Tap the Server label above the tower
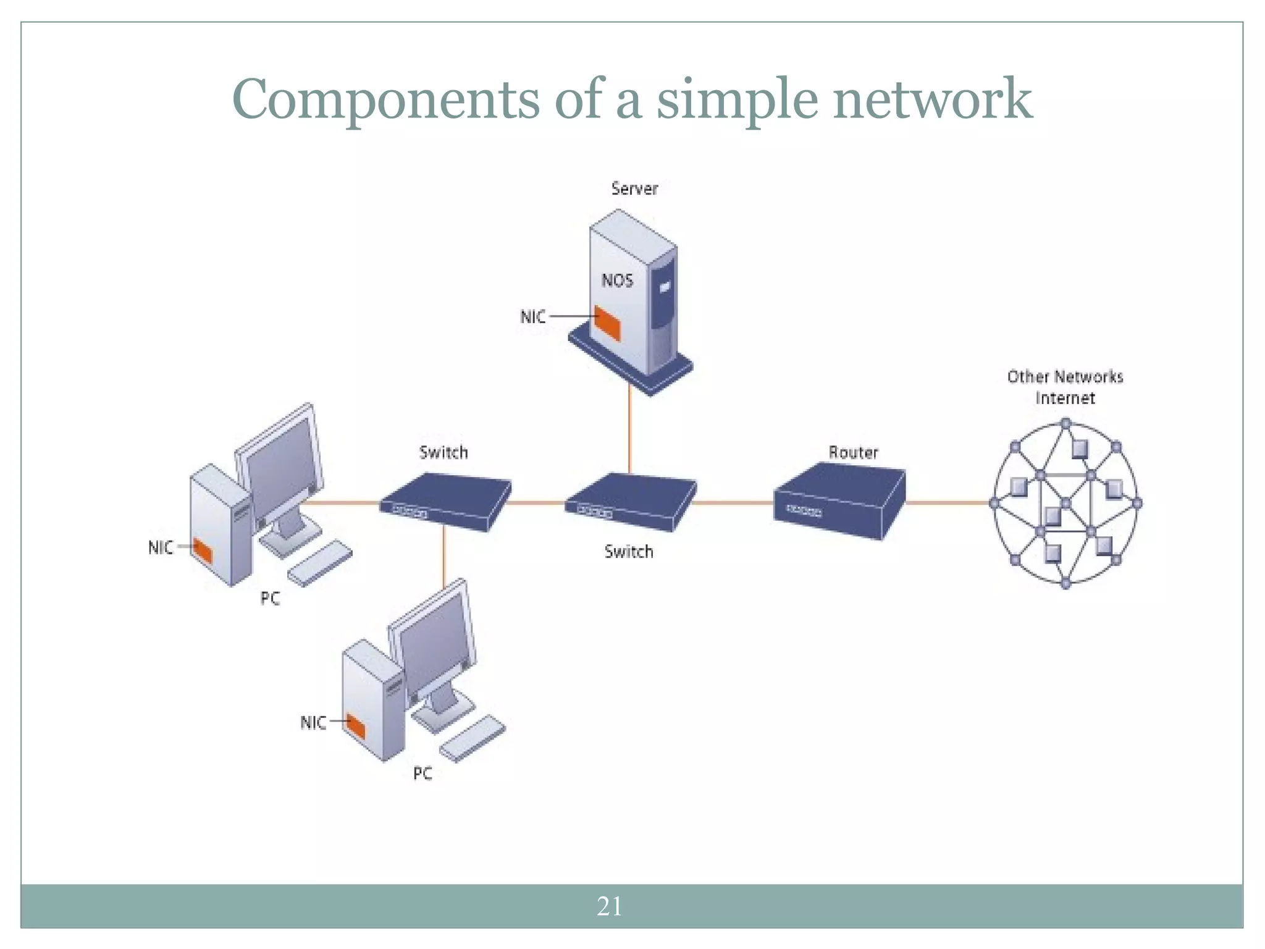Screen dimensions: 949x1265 (x=634, y=188)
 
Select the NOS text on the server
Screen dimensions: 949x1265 (x=617, y=280)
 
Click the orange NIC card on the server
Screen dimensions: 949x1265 (x=607, y=323)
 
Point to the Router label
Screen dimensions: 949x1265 (x=853, y=452)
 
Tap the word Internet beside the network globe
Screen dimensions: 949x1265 (x=1065, y=398)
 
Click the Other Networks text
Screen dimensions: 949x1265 (x=1065, y=376)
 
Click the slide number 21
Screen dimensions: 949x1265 (x=609, y=906)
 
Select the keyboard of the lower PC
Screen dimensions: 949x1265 (x=473, y=738)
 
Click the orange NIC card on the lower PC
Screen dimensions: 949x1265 (x=356, y=726)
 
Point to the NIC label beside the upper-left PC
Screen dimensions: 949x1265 (x=161, y=547)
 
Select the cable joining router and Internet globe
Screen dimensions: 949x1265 (x=948, y=503)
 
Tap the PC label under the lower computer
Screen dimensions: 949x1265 (x=422, y=773)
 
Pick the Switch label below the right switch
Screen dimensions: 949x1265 (x=628, y=551)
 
